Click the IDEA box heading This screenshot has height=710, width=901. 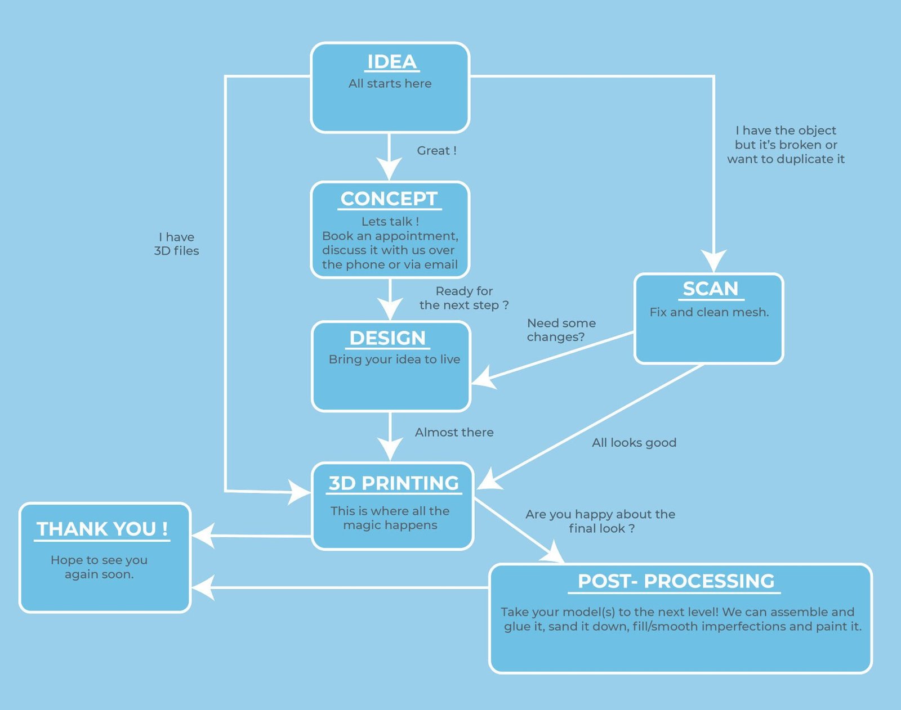pos(391,62)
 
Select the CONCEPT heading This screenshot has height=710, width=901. pos(389,199)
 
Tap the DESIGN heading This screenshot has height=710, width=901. pos(387,338)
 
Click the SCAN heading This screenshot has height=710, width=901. pos(710,289)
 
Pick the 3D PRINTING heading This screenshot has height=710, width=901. pos(394,483)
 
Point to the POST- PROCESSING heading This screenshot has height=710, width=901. pos(676,581)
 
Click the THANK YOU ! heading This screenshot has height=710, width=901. pos(102,529)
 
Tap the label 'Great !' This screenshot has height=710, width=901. pos(436,151)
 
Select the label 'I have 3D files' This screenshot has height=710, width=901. pos(176,244)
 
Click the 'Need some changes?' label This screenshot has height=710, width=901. pos(560,330)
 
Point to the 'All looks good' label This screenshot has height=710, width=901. pos(634,443)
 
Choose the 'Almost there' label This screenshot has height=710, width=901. pos(454,432)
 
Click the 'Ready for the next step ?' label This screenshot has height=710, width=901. pos(464,298)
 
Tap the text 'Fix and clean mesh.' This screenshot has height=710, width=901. pos(709,312)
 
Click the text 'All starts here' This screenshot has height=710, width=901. pos(390,83)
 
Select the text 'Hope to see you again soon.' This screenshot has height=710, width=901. pos(99,567)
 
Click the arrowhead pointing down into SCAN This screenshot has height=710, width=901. pos(714,262)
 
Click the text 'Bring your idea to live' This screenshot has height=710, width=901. pos(394,360)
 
